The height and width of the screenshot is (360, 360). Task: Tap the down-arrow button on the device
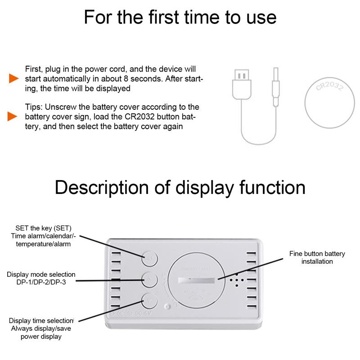click(x=149, y=300)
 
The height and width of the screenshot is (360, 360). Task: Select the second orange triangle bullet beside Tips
click(x=13, y=117)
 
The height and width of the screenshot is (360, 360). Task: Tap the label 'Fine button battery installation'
click(x=317, y=257)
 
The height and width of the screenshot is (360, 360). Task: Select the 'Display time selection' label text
click(x=41, y=320)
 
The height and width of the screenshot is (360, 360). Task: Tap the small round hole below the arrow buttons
click(x=167, y=308)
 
